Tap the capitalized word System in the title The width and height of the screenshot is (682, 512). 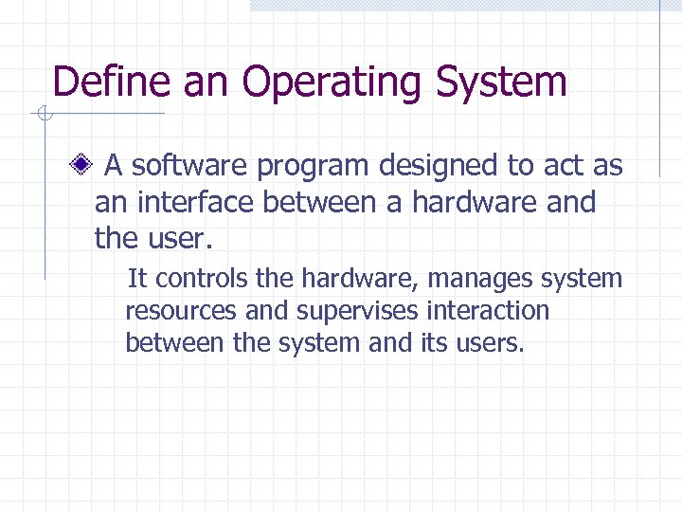pos(501,83)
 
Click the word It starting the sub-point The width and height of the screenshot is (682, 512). pos(136,279)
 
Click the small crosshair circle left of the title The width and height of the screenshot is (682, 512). pos(43,116)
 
